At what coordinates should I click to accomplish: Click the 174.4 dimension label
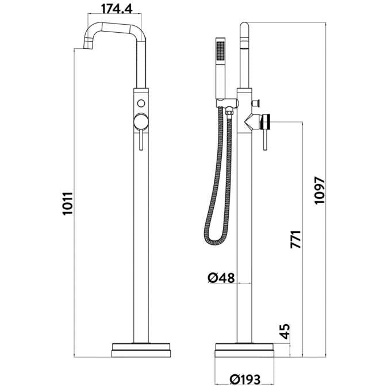click(117, 9)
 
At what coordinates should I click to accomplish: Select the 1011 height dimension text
click(68, 203)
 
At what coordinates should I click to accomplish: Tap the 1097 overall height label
click(319, 190)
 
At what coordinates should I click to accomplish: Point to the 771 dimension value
click(296, 239)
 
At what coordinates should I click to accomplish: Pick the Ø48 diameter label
click(221, 278)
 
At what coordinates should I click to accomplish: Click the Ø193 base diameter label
click(245, 379)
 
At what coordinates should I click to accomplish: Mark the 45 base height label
click(285, 331)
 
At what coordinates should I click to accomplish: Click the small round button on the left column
click(141, 103)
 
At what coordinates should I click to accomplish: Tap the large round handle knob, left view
click(141, 122)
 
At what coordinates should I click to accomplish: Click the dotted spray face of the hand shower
click(220, 51)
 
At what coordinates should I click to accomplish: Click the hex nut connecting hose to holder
click(229, 113)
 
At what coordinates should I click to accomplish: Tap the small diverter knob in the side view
click(256, 102)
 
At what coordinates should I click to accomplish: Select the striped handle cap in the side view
click(266, 122)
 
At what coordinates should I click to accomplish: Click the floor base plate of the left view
click(141, 350)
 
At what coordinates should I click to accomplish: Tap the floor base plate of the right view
click(244, 350)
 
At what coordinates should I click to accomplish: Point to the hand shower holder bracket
click(227, 103)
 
